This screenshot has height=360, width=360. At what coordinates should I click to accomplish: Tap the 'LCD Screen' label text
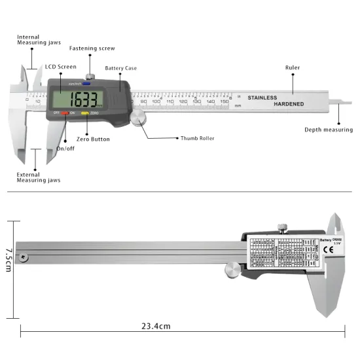pyautogui.click(x=60, y=67)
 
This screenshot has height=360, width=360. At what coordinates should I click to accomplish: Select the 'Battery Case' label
pyautogui.click(x=121, y=68)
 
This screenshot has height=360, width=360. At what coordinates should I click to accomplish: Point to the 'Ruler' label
pyautogui.click(x=293, y=67)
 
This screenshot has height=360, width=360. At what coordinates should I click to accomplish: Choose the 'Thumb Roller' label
pyautogui.click(x=197, y=139)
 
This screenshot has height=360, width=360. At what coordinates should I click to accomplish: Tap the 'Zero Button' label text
pyautogui.click(x=92, y=139)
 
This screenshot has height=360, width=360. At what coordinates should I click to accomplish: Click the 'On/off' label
pyautogui.click(x=66, y=149)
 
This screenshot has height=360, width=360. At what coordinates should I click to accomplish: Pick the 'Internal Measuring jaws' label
pyautogui.click(x=37, y=40)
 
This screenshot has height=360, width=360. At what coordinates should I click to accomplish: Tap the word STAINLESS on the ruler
pyautogui.click(x=262, y=98)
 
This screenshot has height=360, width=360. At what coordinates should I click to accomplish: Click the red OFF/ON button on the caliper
pyautogui.click(x=66, y=114)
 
